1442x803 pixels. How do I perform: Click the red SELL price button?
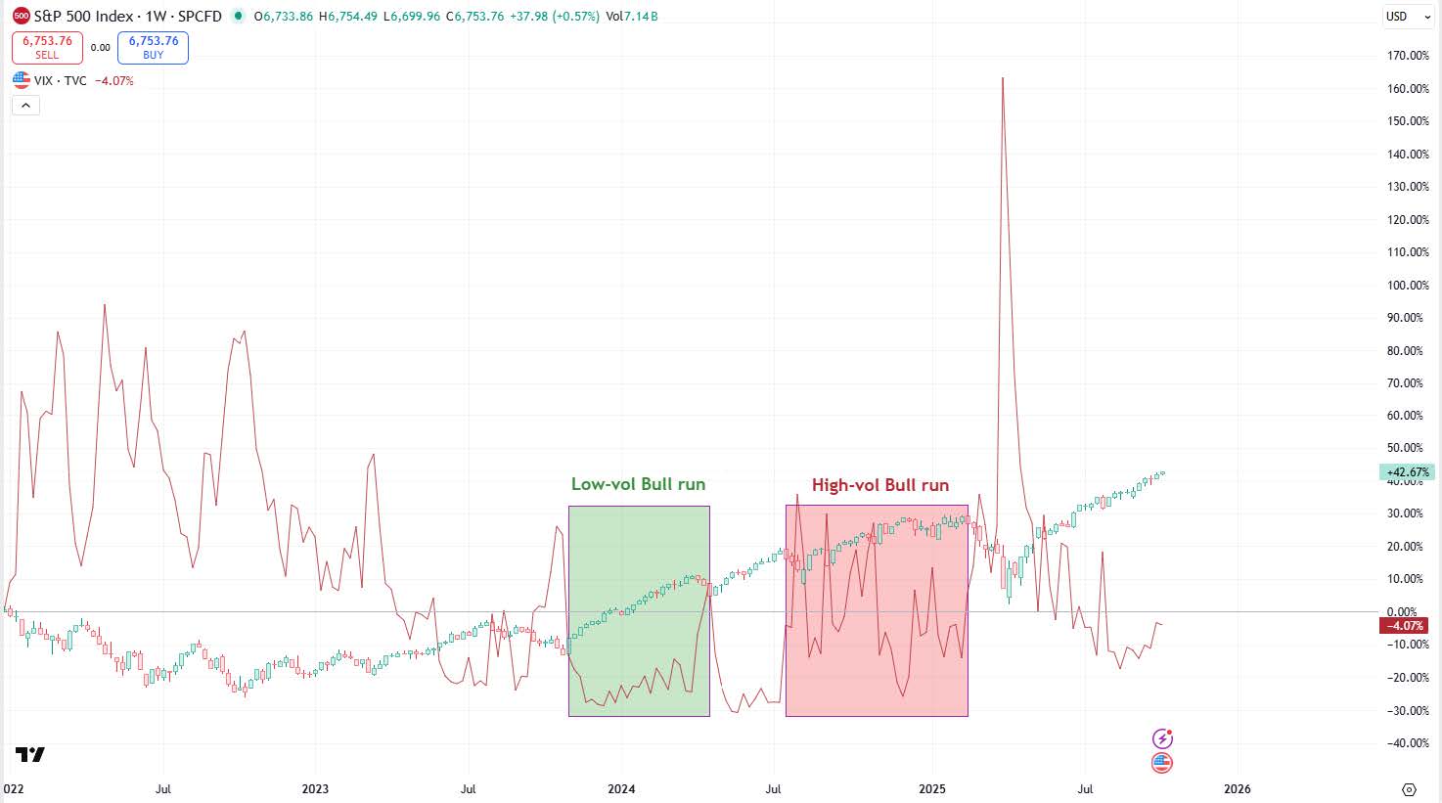point(47,47)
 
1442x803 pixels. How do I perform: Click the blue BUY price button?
point(153,47)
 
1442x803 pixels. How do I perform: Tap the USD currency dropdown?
point(1406,17)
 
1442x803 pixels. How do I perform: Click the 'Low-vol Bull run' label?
point(638,484)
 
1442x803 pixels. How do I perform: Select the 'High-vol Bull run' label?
point(879,485)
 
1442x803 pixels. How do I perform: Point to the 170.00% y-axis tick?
point(1408,56)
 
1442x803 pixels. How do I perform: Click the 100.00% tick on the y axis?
point(1408,285)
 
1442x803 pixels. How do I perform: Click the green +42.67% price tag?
point(1407,472)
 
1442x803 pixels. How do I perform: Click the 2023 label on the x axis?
point(315,788)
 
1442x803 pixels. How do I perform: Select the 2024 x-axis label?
point(621,788)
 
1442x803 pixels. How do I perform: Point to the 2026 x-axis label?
point(1237,788)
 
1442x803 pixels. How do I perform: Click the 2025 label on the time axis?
point(931,788)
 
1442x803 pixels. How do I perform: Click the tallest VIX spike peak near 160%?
point(1003,78)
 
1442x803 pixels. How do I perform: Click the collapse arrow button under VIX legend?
point(25,106)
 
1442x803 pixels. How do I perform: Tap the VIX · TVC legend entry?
point(61,80)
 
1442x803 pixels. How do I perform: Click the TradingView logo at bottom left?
point(29,754)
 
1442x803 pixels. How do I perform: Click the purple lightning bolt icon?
point(1161,738)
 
